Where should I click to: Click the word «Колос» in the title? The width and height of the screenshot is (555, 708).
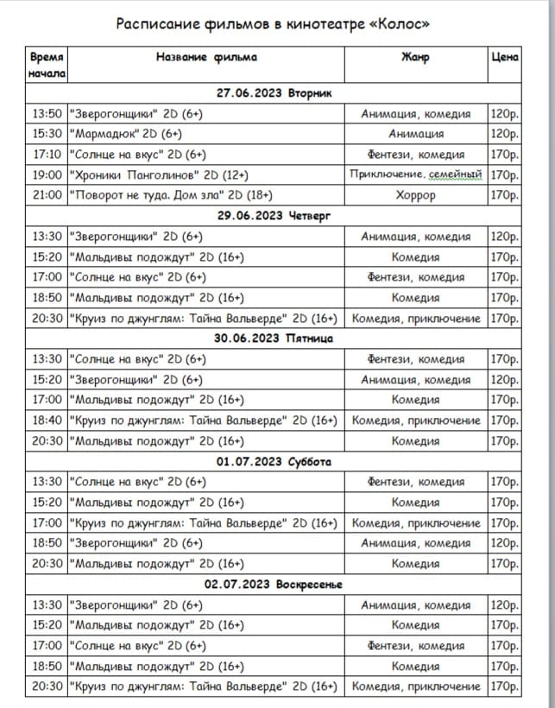click(x=399, y=23)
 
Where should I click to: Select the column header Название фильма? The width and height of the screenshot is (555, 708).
click(x=206, y=58)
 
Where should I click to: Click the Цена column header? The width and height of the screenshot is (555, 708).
click(x=504, y=58)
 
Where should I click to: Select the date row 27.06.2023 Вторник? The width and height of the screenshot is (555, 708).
click(x=274, y=93)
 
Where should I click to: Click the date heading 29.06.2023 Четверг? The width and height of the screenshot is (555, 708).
click(x=274, y=216)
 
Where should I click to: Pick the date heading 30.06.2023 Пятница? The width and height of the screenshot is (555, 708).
click(x=274, y=338)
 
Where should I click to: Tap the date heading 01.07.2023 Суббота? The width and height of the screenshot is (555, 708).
click(x=274, y=461)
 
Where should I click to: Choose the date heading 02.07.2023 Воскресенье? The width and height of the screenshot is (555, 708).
click(x=274, y=584)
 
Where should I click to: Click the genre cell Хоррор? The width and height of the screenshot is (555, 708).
click(x=415, y=195)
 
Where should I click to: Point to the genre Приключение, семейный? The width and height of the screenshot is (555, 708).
click(x=415, y=175)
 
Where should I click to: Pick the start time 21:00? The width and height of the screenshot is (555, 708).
click(x=47, y=195)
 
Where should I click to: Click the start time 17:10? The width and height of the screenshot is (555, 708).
click(x=47, y=155)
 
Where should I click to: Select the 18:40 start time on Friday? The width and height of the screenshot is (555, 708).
click(x=47, y=420)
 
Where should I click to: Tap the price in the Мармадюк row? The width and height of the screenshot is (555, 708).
click(x=504, y=134)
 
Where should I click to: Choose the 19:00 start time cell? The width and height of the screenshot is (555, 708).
click(x=47, y=175)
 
